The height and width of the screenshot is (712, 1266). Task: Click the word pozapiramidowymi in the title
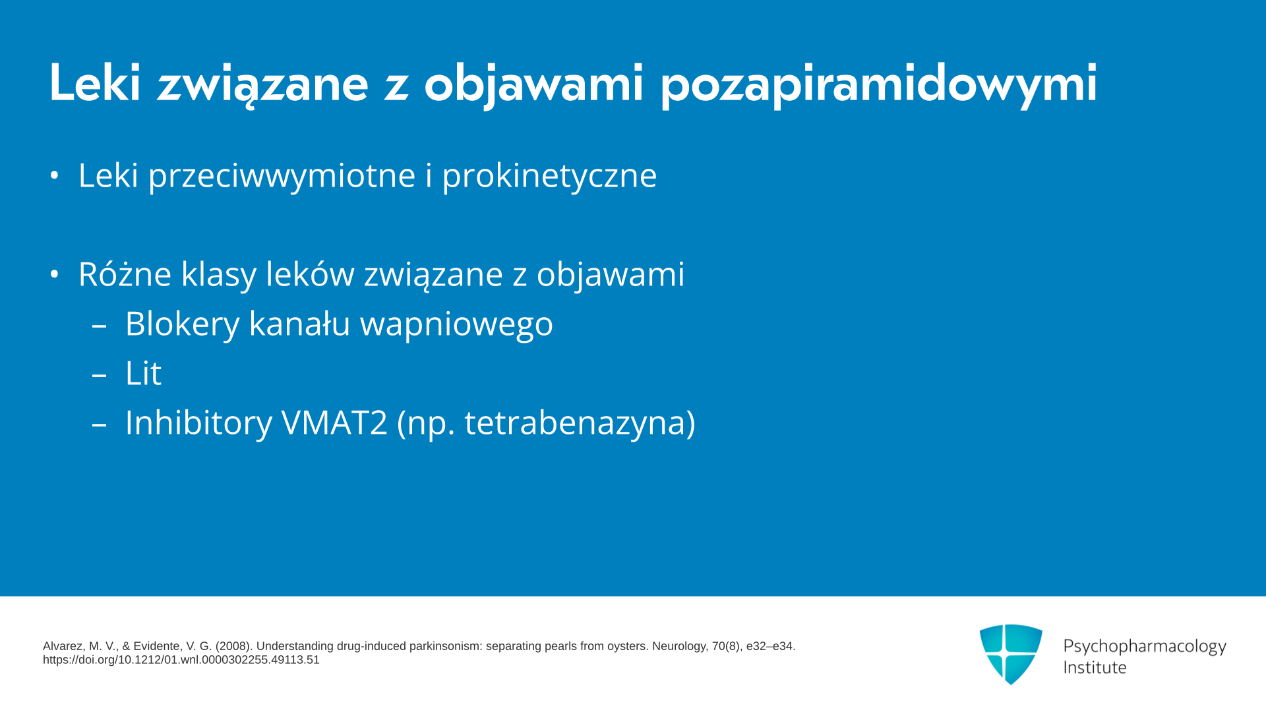879,84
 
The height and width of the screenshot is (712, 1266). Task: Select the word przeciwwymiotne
282,176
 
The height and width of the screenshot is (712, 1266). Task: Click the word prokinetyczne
549,176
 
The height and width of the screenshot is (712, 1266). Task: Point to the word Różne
125,273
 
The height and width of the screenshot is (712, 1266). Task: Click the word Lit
143,373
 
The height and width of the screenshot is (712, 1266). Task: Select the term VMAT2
334,423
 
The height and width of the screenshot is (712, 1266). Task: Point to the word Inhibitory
198,423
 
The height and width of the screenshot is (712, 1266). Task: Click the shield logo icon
1011,654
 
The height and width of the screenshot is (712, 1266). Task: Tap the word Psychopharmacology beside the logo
1145,647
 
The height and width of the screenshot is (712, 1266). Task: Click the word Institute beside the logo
1095,668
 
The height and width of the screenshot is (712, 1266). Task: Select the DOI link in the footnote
181,660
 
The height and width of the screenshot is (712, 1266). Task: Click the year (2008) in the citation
233,646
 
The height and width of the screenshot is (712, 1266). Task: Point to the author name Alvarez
63,646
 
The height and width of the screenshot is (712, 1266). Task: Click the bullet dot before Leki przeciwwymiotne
55,175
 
